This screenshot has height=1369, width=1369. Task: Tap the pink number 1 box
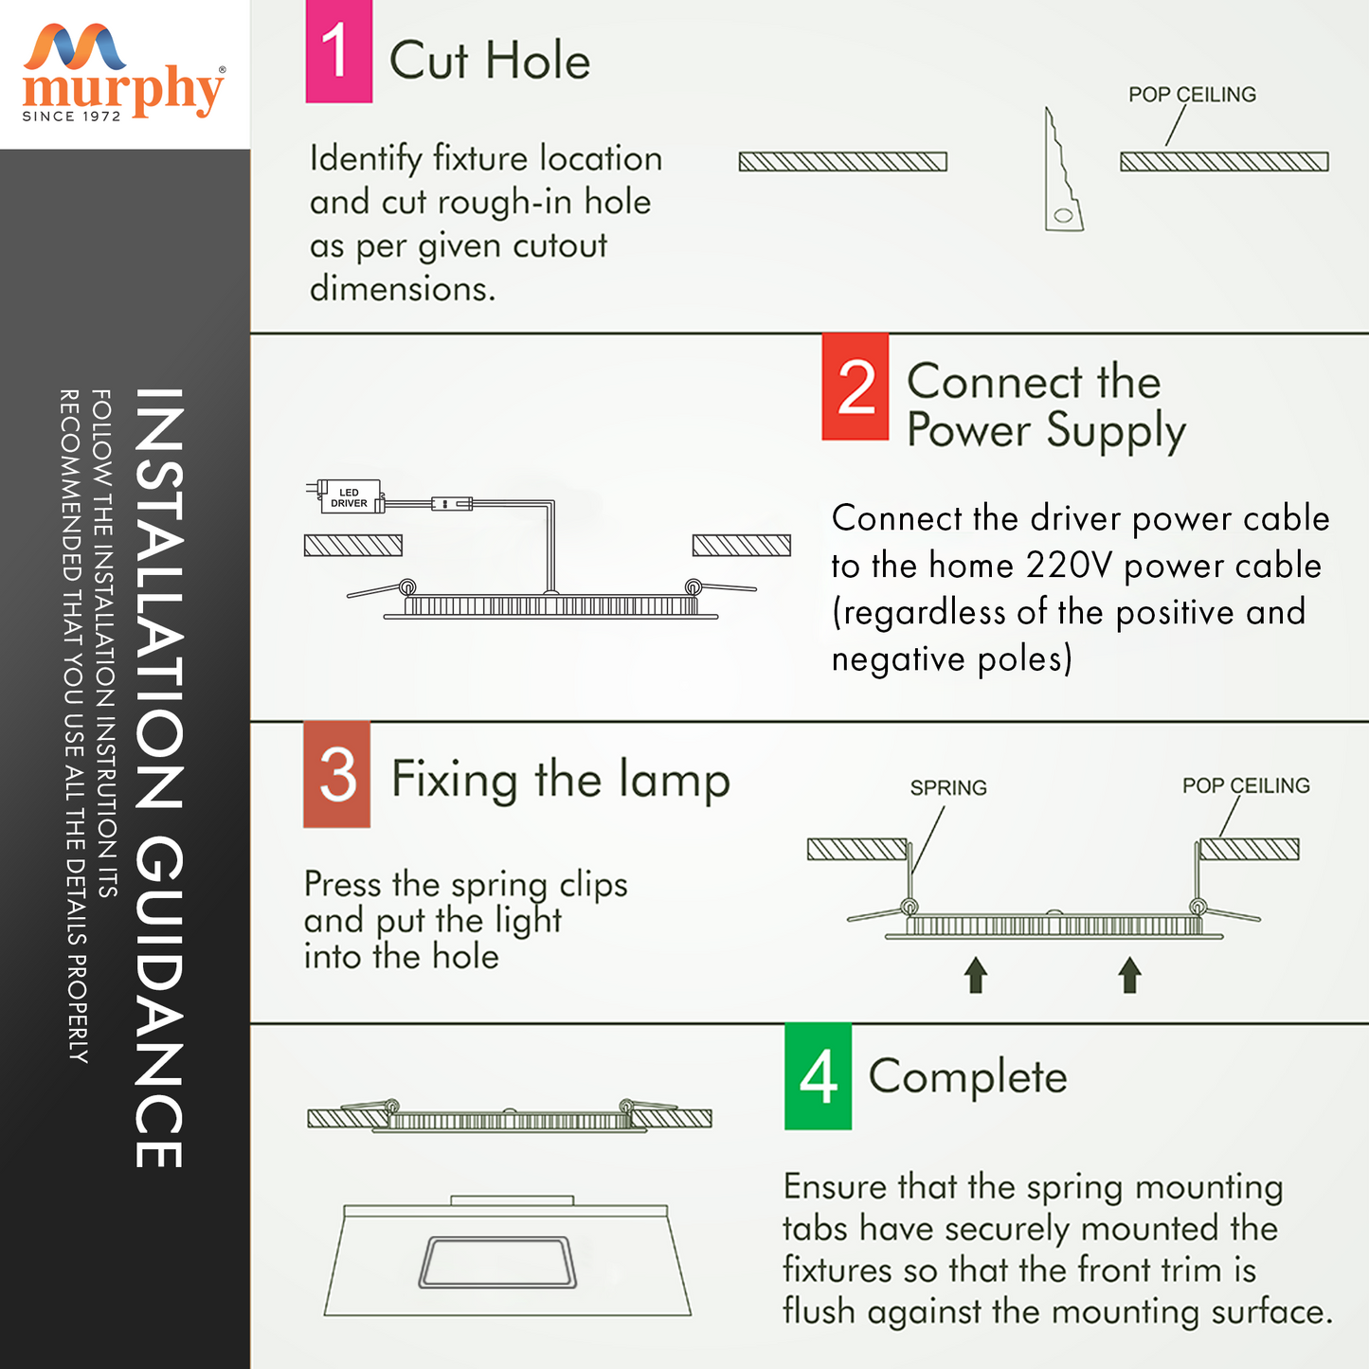pos(338,51)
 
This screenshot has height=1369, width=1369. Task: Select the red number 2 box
pos(855,387)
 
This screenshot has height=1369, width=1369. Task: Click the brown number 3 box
pos(337,774)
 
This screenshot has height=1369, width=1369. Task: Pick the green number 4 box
pos(818,1076)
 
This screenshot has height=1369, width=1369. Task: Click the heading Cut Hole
pos(490,61)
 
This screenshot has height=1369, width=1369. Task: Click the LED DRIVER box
pos(349,497)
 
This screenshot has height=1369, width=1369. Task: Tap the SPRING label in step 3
pos(948,788)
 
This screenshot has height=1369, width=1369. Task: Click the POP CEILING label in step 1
pos(1192,95)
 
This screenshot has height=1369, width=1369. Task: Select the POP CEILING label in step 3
pos(1246,785)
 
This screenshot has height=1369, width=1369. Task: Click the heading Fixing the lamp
pos(560,780)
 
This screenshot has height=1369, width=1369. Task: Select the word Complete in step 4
pos(967,1077)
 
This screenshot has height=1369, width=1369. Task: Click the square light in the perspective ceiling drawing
pos(497,1263)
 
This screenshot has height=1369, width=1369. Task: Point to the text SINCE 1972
pos(72,117)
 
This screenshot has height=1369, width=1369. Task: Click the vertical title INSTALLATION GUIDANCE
pos(159,777)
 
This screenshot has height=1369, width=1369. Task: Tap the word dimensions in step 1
pos(402,289)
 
